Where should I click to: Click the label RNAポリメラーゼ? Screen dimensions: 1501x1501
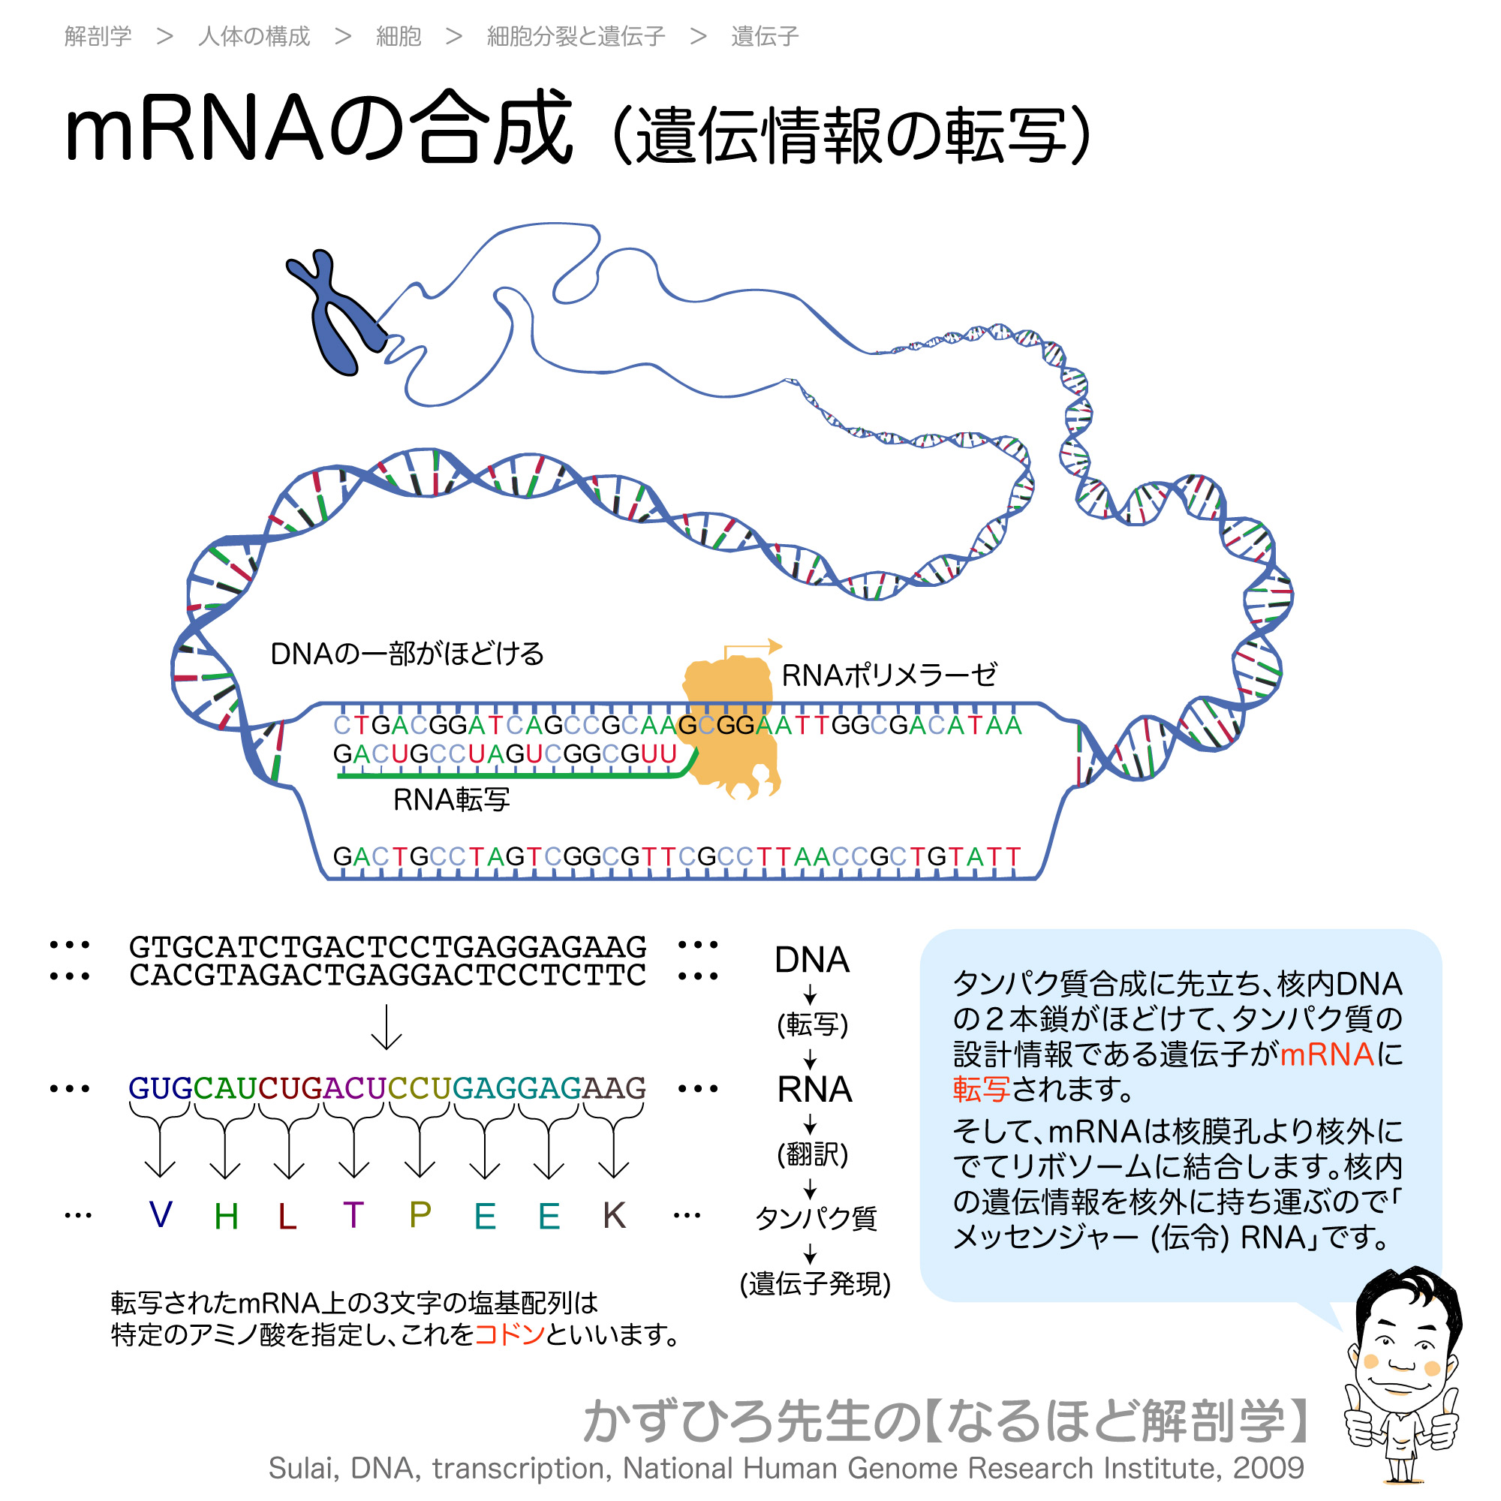coord(889,675)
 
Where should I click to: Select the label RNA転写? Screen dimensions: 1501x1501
coord(451,799)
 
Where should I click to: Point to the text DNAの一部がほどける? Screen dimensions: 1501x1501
coord(406,654)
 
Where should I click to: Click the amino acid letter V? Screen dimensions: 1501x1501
coord(161,1215)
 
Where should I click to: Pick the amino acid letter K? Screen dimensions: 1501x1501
coord(614,1215)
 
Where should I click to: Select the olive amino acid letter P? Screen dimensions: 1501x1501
coord(420,1215)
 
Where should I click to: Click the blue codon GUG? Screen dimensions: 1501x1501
coord(160,1088)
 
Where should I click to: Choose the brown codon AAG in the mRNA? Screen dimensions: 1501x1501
coord(614,1088)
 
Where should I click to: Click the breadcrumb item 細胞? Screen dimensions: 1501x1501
coord(398,37)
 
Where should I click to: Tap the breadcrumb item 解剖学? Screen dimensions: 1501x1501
coord(98,37)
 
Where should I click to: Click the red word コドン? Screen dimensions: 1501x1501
coord(509,1334)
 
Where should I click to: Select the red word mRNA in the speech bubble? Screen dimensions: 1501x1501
coord(1327,1054)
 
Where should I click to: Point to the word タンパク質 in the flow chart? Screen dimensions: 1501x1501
coord(816,1218)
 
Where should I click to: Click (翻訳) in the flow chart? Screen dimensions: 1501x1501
coord(812,1154)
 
